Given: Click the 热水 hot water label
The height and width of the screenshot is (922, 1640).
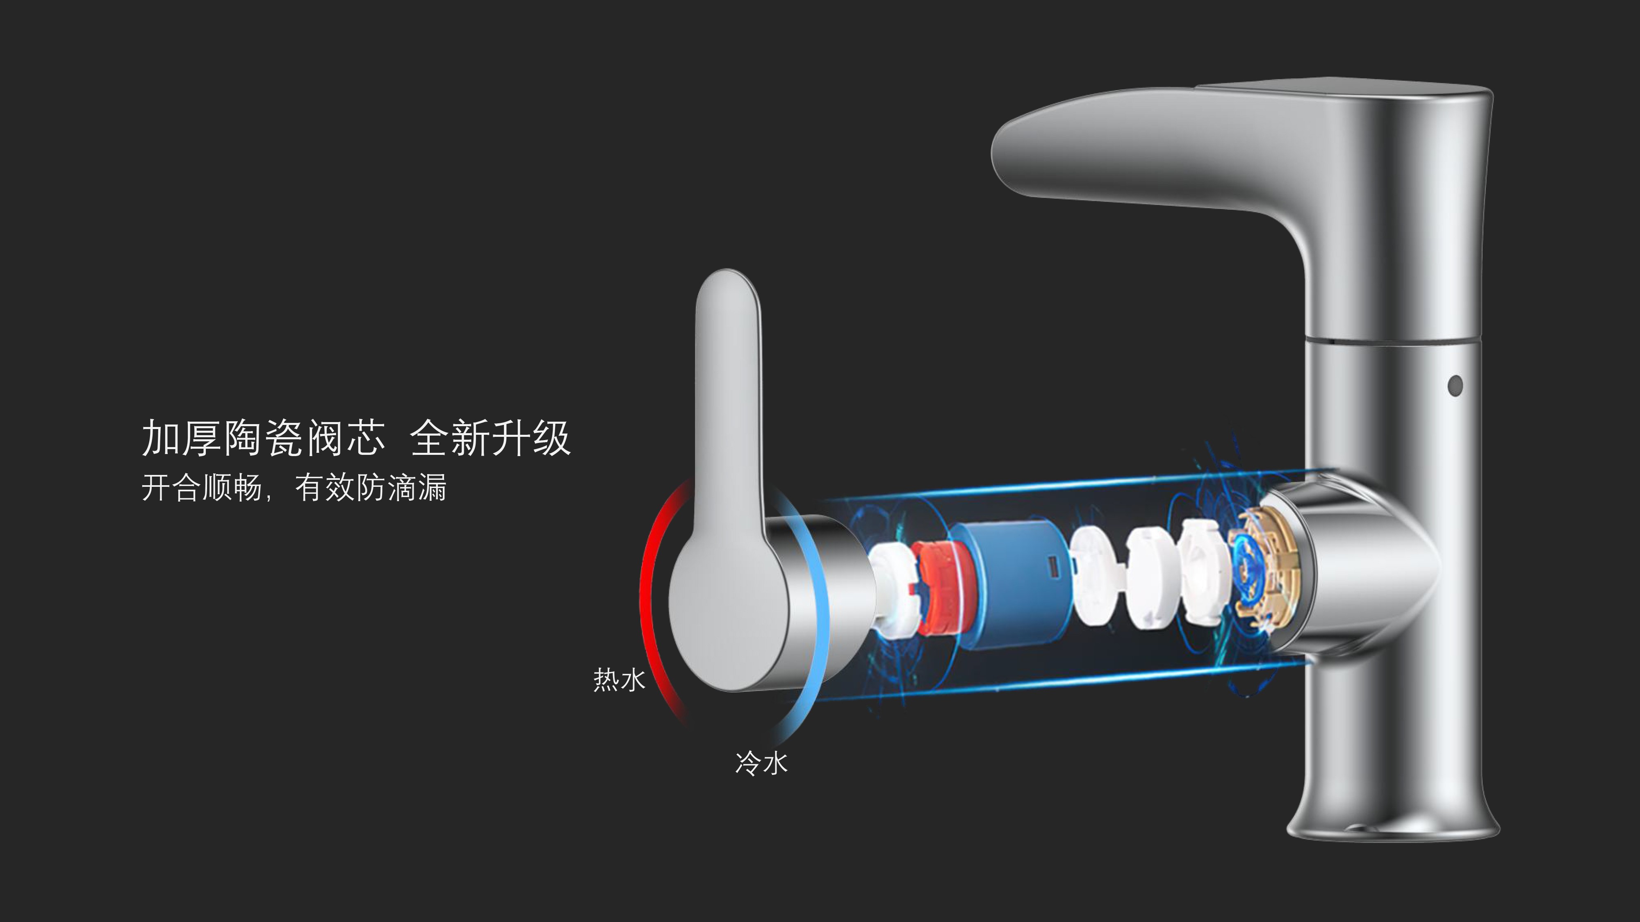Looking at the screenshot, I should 619,679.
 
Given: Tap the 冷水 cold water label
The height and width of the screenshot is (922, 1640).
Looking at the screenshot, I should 761,762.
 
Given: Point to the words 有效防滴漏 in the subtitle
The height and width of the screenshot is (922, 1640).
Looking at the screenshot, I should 371,488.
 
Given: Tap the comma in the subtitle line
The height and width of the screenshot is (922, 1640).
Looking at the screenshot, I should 269,496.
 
